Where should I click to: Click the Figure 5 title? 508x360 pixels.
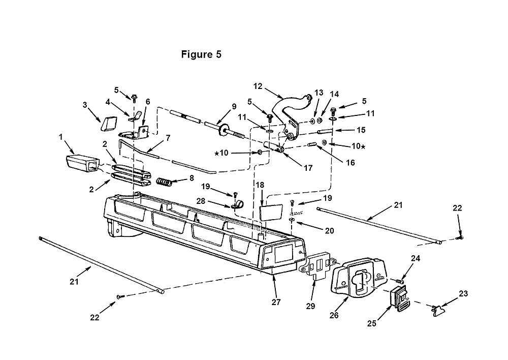tap(201, 54)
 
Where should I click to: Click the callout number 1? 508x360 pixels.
tap(60, 137)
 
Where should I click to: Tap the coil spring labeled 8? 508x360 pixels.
tap(164, 182)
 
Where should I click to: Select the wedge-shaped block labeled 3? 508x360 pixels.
tap(109, 124)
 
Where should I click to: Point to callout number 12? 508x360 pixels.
tap(258, 86)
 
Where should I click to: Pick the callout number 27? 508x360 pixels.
tap(276, 302)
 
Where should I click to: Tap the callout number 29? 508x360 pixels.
tap(310, 306)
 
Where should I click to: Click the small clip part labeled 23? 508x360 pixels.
tap(439, 310)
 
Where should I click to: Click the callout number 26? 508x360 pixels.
tap(334, 315)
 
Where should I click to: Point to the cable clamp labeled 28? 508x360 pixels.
tap(238, 205)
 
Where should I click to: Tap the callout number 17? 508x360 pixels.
tap(308, 168)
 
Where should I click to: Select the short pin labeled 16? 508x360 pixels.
tap(313, 144)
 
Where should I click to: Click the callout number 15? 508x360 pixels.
tap(361, 130)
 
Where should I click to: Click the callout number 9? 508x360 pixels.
tap(234, 106)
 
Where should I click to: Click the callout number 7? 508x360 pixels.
tap(168, 137)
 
